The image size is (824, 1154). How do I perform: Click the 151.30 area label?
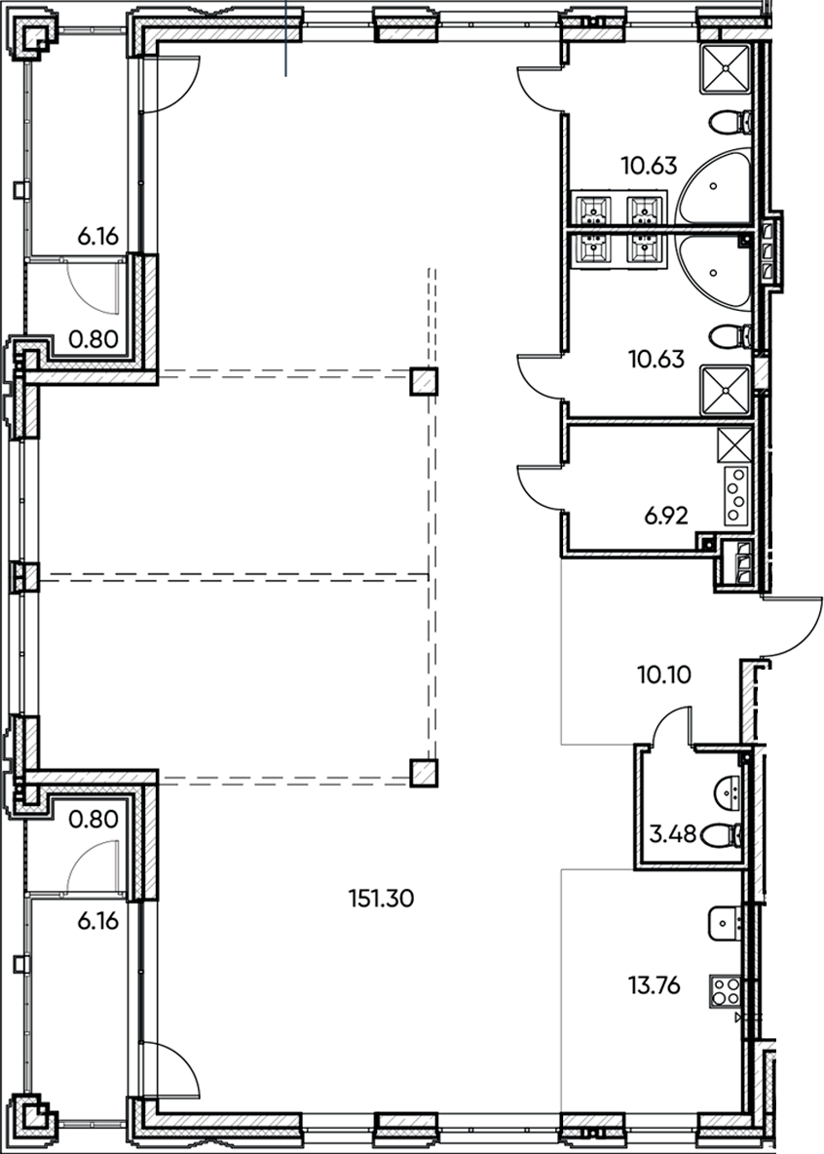click(381, 898)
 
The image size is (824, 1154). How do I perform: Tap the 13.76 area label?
click(654, 986)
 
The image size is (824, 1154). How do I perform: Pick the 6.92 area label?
click(667, 516)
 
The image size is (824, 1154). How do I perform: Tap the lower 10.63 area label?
click(649, 359)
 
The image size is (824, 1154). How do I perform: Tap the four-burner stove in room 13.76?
click(726, 991)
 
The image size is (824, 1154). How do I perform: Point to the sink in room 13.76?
click(727, 920)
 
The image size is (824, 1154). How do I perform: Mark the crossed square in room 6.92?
click(733, 445)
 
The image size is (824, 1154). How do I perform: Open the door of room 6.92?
click(539, 484)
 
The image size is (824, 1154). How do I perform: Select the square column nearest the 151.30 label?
click(422, 774)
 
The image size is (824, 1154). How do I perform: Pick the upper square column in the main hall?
click(423, 381)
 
